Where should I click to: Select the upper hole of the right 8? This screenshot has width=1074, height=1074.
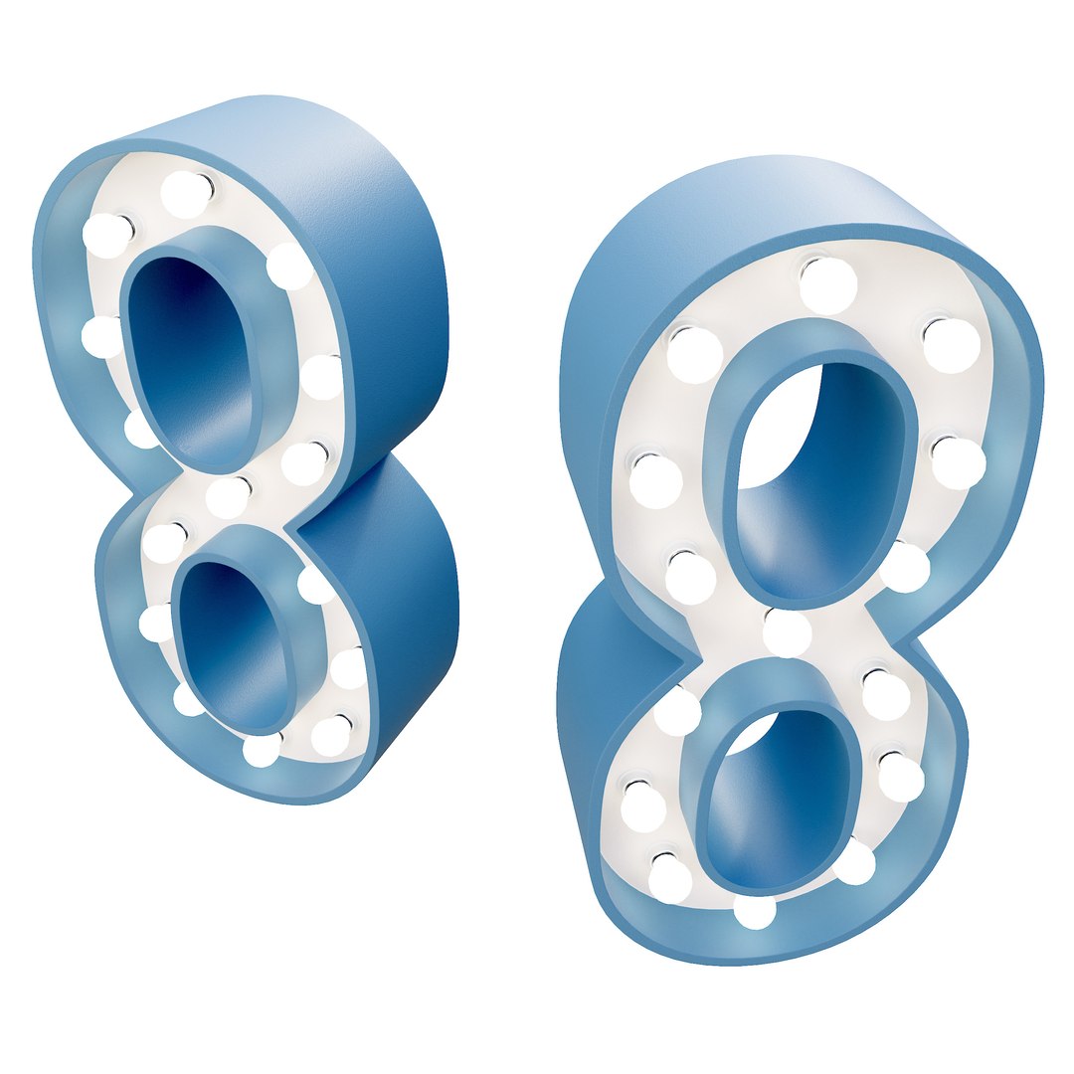pos(825,467)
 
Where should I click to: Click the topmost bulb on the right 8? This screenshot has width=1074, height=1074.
pos(828,284)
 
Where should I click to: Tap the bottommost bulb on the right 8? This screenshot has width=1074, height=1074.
pos(756,911)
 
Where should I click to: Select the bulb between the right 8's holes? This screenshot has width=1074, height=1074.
pos(788,632)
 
